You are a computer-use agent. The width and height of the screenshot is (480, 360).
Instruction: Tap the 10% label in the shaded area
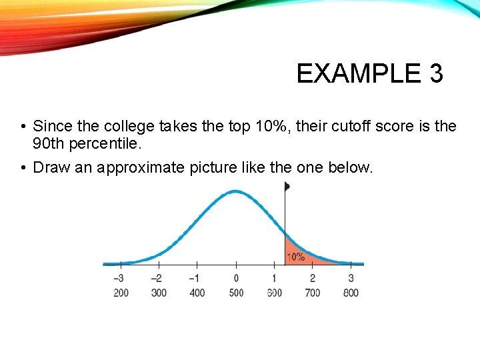(x=295, y=257)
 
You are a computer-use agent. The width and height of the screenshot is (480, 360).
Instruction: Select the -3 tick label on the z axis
(x=119, y=278)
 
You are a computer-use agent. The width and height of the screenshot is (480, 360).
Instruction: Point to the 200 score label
(x=121, y=293)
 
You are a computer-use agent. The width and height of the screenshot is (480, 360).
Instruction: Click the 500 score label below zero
(x=236, y=293)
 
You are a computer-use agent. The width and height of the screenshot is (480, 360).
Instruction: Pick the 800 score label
(x=351, y=293)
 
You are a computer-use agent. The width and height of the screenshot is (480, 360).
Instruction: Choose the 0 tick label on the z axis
(x=236, y=278)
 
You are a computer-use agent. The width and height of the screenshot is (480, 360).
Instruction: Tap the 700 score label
(x=312, y=293)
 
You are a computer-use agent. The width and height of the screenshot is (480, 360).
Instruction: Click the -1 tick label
(x=195, y=278)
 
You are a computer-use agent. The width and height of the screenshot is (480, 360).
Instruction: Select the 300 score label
(x=159, y=293)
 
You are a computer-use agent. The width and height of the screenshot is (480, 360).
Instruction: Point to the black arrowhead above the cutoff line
(x=287, y=187)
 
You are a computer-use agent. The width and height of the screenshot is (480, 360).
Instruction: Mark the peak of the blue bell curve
(x=235, y=192)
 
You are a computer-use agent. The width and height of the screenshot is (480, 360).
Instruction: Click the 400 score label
(x=197, y=293)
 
